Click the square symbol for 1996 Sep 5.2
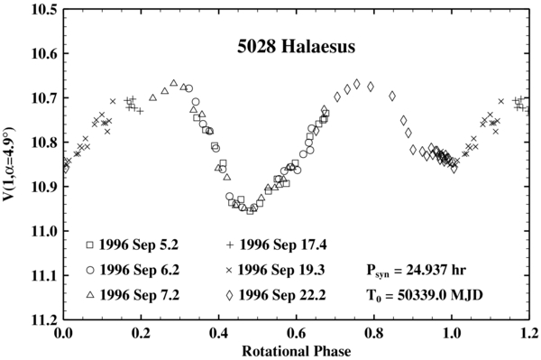pyautogui.click(x=90, y=245)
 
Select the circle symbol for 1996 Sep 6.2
pyautogui.click(x=90, y=270)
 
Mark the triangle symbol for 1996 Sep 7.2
pyautogui.click(x=90, y=295)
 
